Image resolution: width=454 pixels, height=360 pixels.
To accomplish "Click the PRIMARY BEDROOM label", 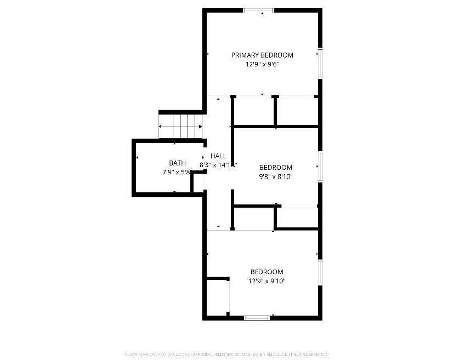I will tap(262, 55).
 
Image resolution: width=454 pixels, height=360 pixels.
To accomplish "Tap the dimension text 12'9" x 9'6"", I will tap(262, 64).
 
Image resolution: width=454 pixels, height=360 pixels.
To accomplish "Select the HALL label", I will tap(218, 156).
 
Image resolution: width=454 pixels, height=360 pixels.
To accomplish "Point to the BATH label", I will tap(177, 163).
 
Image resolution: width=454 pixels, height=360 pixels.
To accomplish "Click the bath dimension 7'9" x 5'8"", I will tap(177, 172).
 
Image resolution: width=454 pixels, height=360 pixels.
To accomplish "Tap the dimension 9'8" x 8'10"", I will tap(276, 176).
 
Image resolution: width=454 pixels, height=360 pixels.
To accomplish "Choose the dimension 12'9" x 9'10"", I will tap(267, 281).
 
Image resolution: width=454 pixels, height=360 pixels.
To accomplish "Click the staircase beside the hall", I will tap(181, 126).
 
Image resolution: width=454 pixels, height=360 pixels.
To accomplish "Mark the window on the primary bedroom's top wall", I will tap(259, 10).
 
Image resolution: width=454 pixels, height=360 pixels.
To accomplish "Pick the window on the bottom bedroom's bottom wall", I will tap(257, 317).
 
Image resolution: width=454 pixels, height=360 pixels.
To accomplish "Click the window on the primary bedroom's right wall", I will tap(320, 63).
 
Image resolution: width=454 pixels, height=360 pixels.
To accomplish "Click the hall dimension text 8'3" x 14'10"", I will tap(218, 164).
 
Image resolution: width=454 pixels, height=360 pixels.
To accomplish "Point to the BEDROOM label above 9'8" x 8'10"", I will tap(276, 168).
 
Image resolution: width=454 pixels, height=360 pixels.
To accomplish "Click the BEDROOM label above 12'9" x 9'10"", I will tap(267, 272).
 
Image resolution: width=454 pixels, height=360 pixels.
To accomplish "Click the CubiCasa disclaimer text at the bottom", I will tap(227, 355).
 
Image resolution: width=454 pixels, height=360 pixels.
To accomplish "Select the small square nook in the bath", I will tap(198, 182).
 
